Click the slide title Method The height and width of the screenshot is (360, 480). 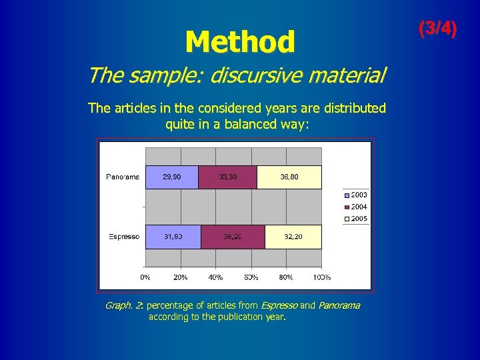(x=240, y=42)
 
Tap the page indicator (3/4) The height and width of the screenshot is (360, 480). (x=437, y=29)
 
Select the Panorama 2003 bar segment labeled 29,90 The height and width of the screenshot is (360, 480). (x=171, y=177)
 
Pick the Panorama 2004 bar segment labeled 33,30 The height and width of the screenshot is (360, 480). (x=227, y=177)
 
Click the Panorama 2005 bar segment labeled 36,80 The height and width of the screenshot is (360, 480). (x=289, y=177)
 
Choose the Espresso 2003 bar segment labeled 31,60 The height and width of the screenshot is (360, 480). (x=173, y=237)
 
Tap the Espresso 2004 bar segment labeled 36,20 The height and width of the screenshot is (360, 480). (x=233, y=237)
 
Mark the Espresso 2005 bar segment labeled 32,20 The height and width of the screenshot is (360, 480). (x=293, y=237)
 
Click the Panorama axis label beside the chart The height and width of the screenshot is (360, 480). (x=122, y=177)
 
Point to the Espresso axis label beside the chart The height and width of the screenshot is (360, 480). (x=123, y=237)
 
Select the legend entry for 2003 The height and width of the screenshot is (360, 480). (x=356, y=195)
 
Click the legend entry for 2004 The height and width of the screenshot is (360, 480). (x=356, y=207)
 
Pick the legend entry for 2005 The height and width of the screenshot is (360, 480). (x=356, y=219)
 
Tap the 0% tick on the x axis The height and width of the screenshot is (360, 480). (x=145, y=277)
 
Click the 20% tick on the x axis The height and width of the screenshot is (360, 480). (x=180, y=277)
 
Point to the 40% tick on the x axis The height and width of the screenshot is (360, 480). (x=215, y=277)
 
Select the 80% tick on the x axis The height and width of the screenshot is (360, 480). (x=286, y=277)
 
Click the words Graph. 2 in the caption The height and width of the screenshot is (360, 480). (x=124, y=305)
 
